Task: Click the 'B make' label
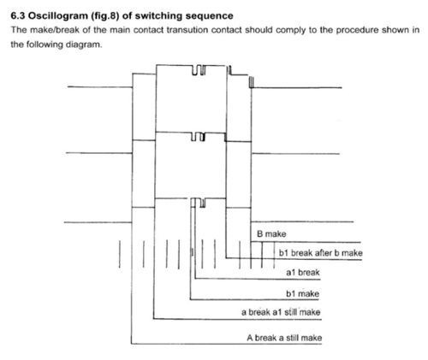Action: tap(271, 234)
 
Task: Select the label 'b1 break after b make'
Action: tap(321, 253)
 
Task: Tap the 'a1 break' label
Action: tap(303, 273)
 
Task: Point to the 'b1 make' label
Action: tap(302, 293)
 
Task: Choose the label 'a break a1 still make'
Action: tap(281, 312)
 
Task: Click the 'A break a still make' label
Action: tap(284, 338)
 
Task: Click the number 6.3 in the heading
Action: tap(18, 15)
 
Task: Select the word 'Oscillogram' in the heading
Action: tap(58, 16)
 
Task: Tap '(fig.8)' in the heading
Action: tap(104, 16)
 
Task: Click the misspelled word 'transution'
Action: tap(187, 30)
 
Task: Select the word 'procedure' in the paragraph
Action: tap(357, 30)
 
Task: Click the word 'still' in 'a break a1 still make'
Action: tap(290, 312)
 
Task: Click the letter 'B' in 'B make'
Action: tap(259, 234)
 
